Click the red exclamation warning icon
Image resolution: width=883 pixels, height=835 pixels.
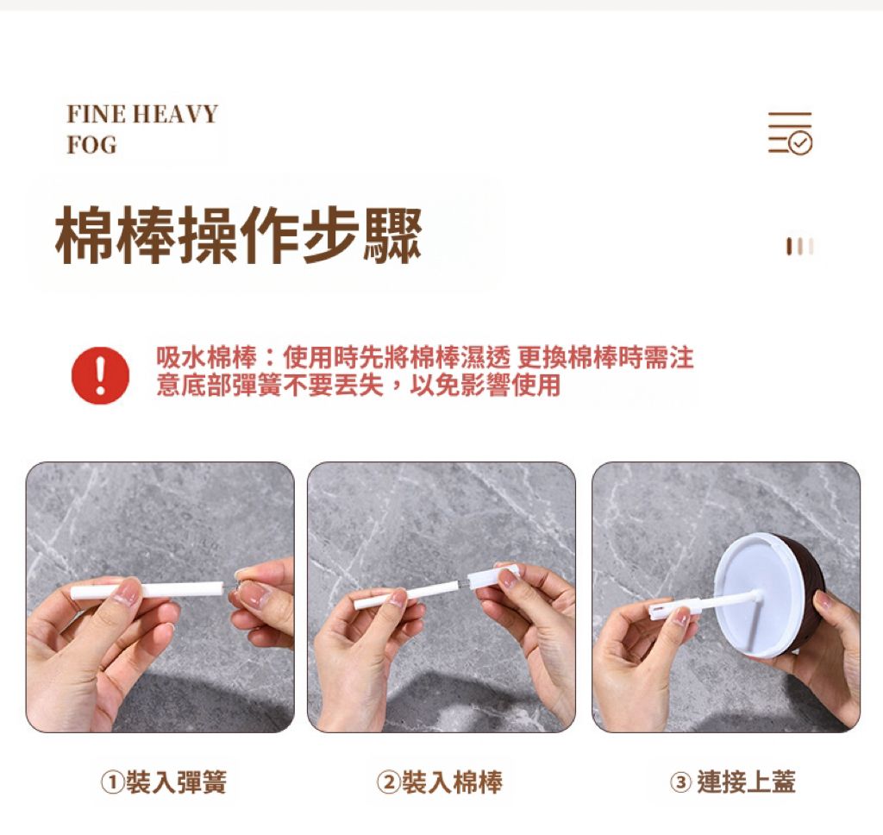100,375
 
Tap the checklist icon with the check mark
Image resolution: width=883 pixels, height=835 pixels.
790,133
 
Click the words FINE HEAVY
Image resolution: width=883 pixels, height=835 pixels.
142,114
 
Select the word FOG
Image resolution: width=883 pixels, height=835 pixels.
91,145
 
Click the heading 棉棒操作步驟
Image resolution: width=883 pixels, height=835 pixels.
238,235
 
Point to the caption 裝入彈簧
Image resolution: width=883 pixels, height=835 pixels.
176,782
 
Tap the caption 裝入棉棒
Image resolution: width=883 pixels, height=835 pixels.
452,782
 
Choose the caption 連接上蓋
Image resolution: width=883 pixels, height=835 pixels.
746,782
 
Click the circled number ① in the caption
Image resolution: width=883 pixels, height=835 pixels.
113,782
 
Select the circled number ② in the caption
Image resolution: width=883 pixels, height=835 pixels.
388,782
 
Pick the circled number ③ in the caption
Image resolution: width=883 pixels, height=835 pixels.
680,782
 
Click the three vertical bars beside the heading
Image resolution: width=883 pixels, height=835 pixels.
799,246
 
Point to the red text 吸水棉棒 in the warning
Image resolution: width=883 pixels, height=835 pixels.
206,357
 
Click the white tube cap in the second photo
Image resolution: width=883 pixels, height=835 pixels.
492,576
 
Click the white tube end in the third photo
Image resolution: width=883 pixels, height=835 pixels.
673,609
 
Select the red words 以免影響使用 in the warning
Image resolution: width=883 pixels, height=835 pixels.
485,386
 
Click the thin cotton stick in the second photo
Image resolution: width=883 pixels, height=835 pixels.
408,596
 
